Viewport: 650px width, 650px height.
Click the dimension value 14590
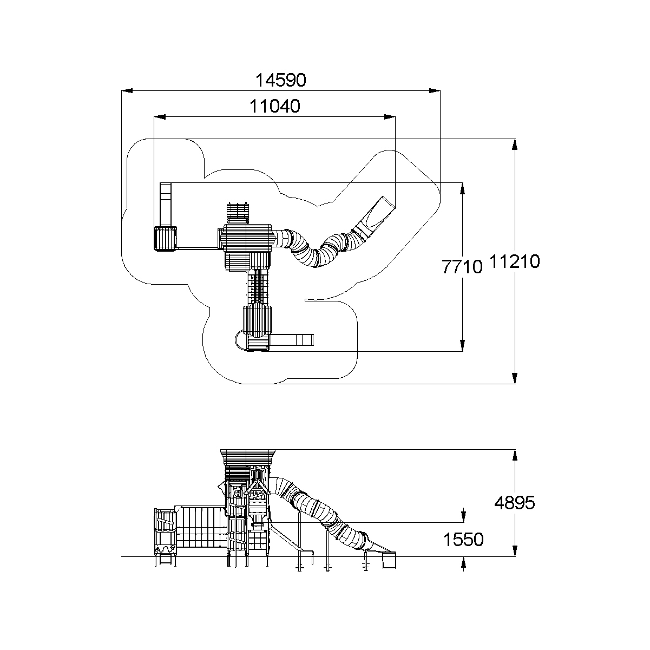(x=281, y=81)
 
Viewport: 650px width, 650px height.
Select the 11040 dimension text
(x=275, y=106)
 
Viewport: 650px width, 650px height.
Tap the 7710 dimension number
(x=462, y=267)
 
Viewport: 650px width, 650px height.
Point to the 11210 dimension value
(x=515, y=262)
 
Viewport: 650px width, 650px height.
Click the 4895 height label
(x=514, y=503)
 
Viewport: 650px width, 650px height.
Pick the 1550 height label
(x=463, y=539)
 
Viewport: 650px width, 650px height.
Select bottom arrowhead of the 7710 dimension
(x=462, y=346)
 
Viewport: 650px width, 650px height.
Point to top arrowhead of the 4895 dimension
(x=515, y=455)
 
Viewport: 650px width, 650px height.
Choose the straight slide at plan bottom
(x=292, y=340)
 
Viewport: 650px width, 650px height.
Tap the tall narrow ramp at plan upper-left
(x=165, y=204)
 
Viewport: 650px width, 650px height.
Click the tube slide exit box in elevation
(x=389, y=560)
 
